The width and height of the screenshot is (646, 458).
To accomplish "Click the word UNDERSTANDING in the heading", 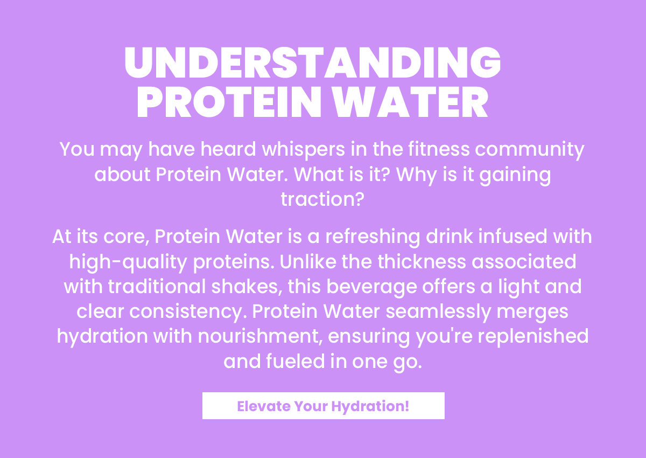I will click(x=313, y=64).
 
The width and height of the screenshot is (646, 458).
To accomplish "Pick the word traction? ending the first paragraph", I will click(x=322, y=199).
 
